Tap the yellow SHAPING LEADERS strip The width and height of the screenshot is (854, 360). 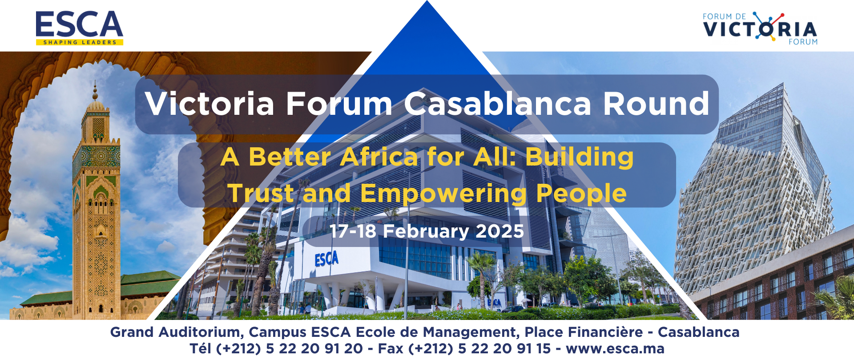(79, 42)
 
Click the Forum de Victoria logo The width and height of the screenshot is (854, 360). (760, 28)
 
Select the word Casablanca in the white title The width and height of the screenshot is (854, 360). (497, 104)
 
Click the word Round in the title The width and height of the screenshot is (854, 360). (656, 104)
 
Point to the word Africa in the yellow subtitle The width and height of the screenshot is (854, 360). (379, 157)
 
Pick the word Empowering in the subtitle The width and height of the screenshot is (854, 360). (443, 194)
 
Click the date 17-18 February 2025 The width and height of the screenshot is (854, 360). (427, 231)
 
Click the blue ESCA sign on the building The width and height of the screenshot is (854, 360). (326, 259)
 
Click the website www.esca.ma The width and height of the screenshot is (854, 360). (615, 348)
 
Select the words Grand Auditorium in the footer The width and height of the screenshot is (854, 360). (176, 332)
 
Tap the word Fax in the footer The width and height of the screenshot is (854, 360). (391, 348)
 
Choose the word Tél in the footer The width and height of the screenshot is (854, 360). (201, 348)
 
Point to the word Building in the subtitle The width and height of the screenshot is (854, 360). (579, 157)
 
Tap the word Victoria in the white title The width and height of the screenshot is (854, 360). (209, 104)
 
